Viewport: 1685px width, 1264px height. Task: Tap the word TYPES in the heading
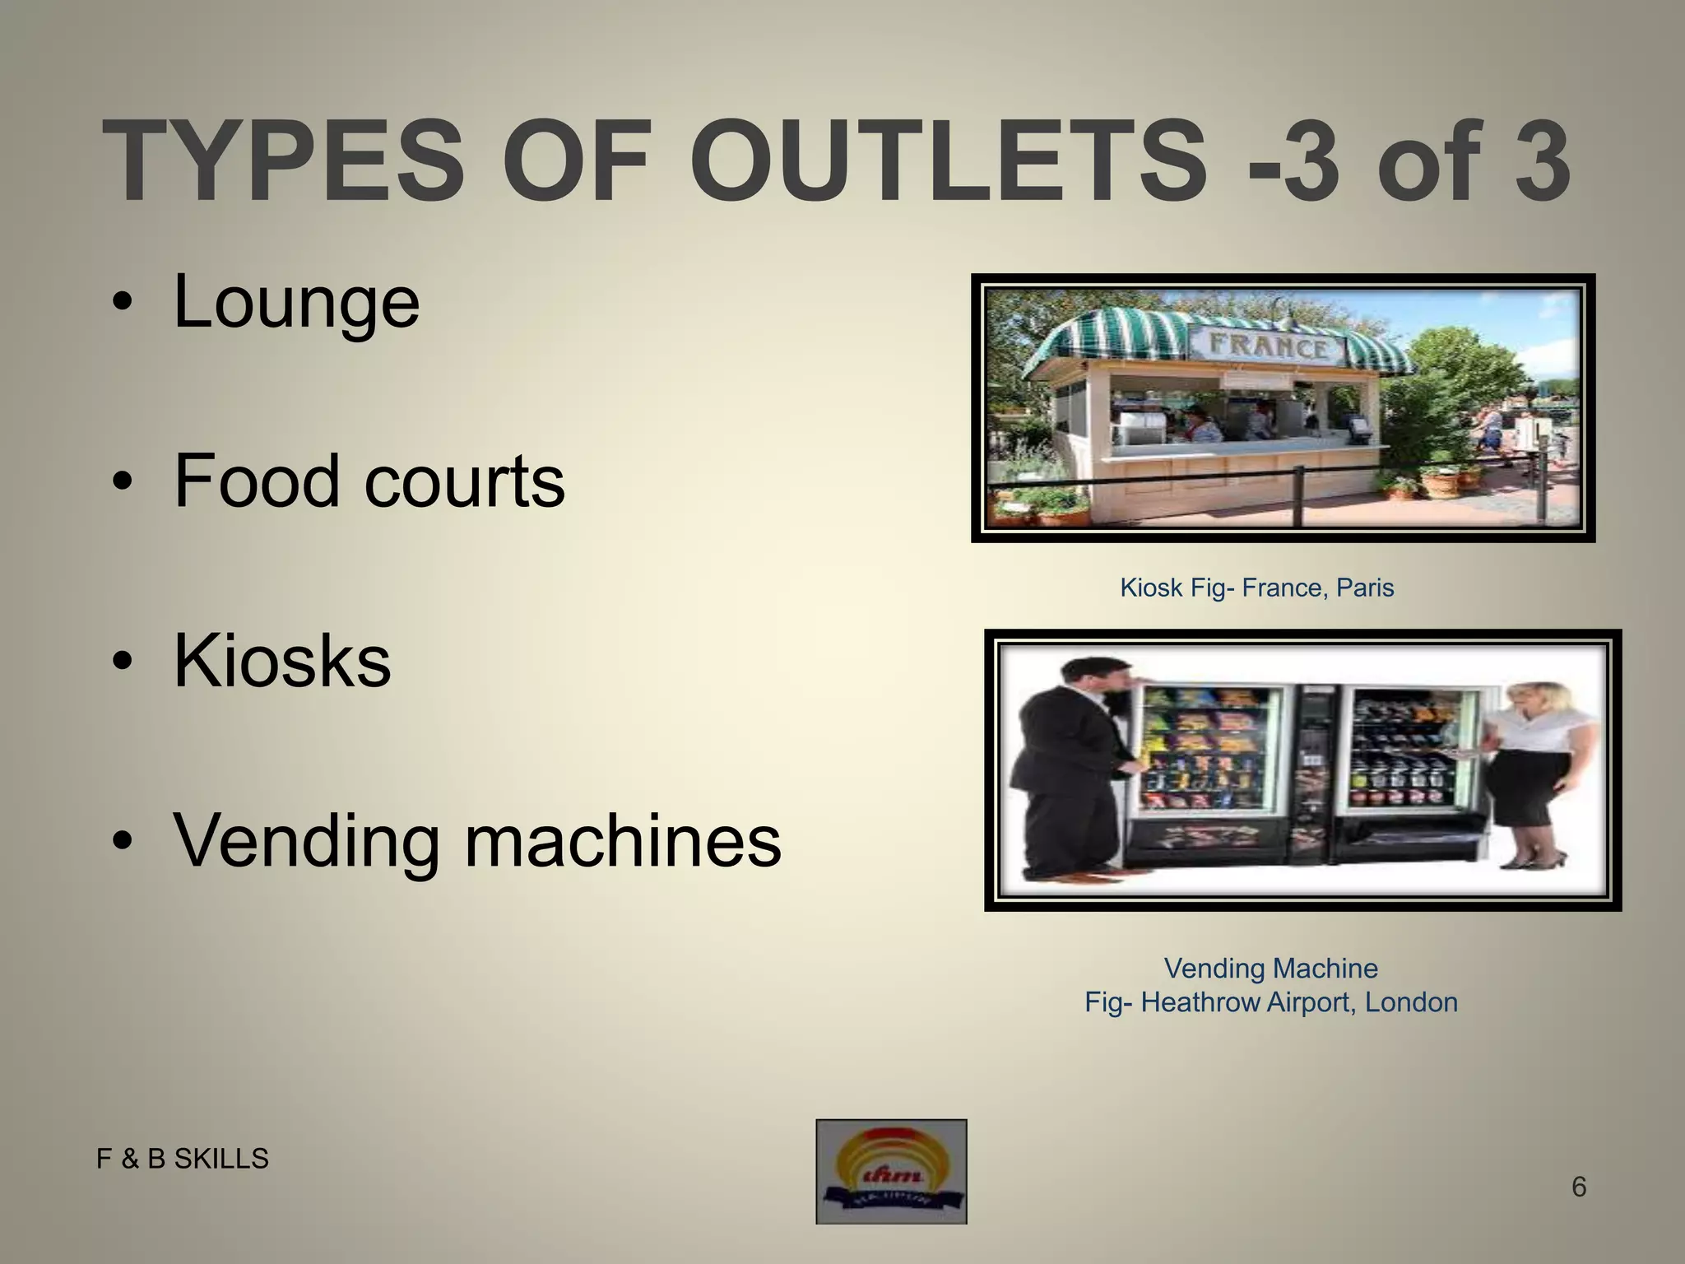pos(284,160)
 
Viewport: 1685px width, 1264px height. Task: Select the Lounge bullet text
pos(296,303)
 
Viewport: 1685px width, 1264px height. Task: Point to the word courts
pos(465,481)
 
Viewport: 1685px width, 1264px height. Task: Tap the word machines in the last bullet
pos(623,841)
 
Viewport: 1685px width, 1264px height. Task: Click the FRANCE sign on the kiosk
pos(1267,346)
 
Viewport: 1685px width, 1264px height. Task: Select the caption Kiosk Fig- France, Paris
pos(1256,588)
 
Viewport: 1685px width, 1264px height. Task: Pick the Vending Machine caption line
pos(1270,968)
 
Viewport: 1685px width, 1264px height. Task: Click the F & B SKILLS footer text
pos(183,1159)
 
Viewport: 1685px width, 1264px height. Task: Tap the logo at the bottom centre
pos(891,1171)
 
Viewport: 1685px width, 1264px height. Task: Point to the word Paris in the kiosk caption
pos(1365,588)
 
